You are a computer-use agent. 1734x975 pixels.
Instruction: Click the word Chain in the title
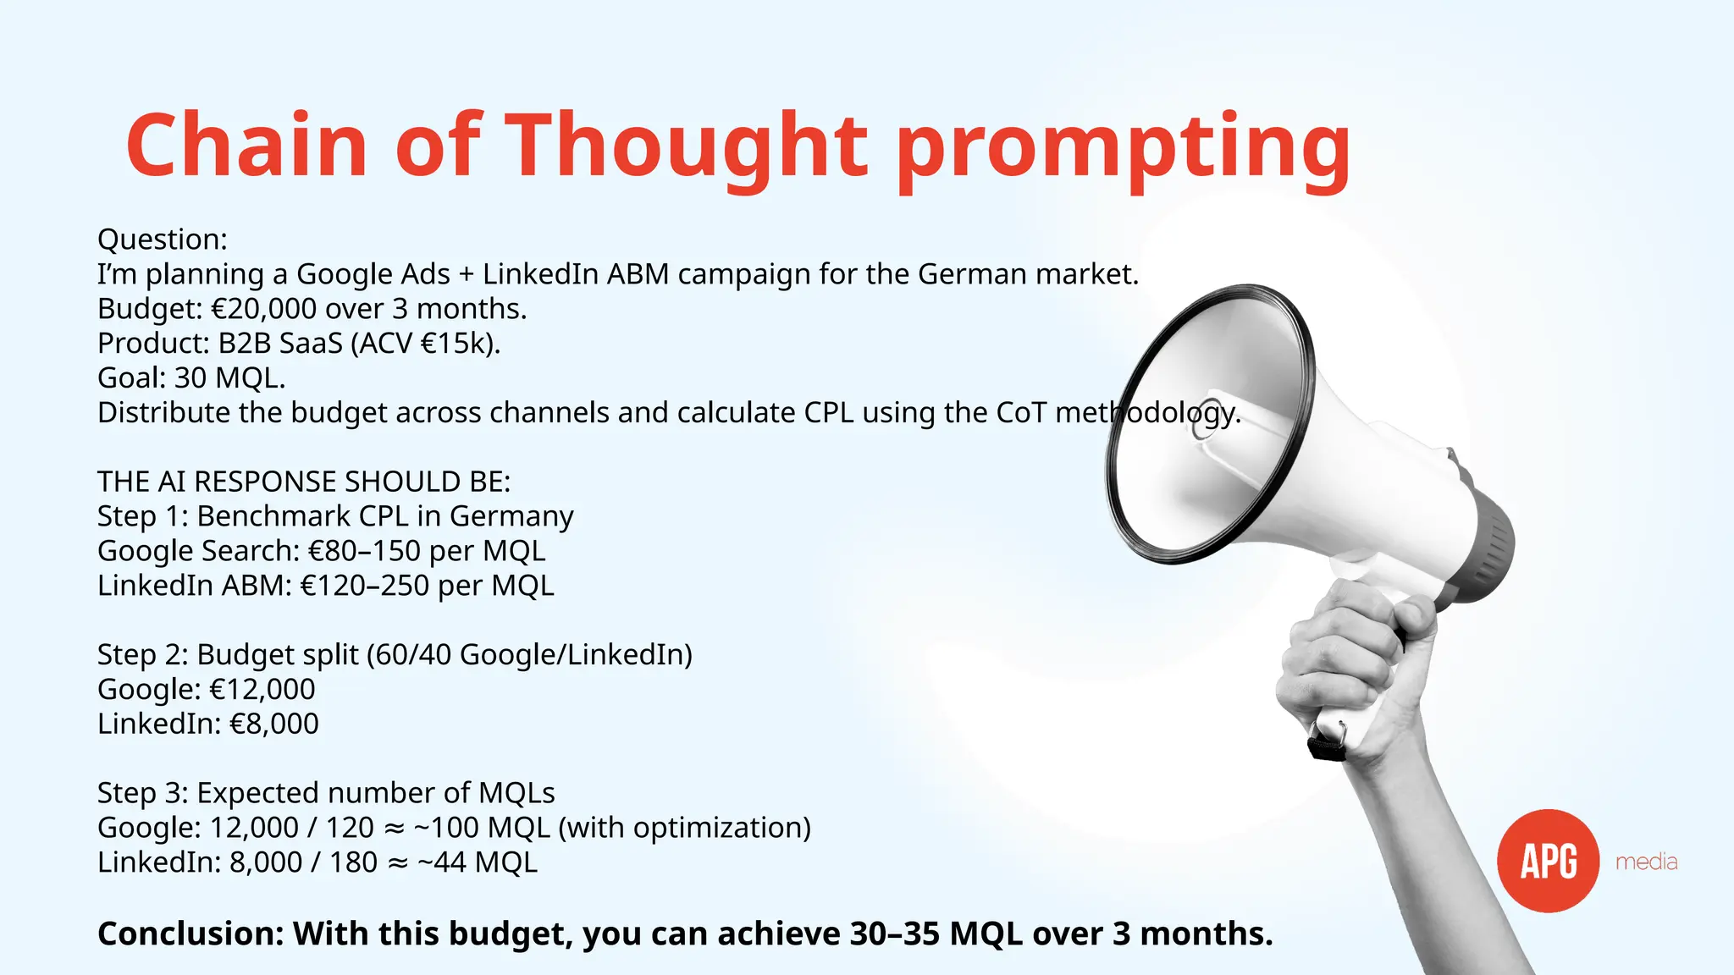(246, 146)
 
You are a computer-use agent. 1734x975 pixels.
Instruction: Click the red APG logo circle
(1548, 861)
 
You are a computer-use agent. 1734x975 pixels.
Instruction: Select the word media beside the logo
(1646, 862)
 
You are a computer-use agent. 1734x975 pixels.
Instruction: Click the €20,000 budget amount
(263, 309)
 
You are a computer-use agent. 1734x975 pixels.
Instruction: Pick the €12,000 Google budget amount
(262, 690)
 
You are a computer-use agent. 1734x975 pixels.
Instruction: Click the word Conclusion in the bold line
(187, 934)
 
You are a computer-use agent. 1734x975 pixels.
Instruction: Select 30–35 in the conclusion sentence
(895, 934)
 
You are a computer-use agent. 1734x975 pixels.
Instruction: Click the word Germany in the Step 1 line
(511, 516)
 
